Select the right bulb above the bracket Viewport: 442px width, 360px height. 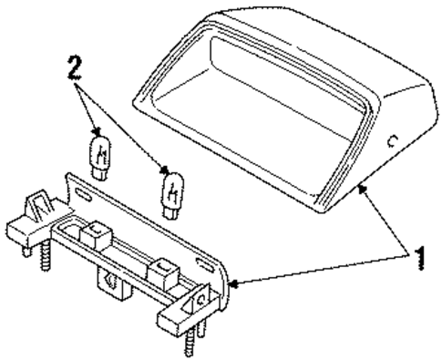pyautogui.click(x=170, y=190)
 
